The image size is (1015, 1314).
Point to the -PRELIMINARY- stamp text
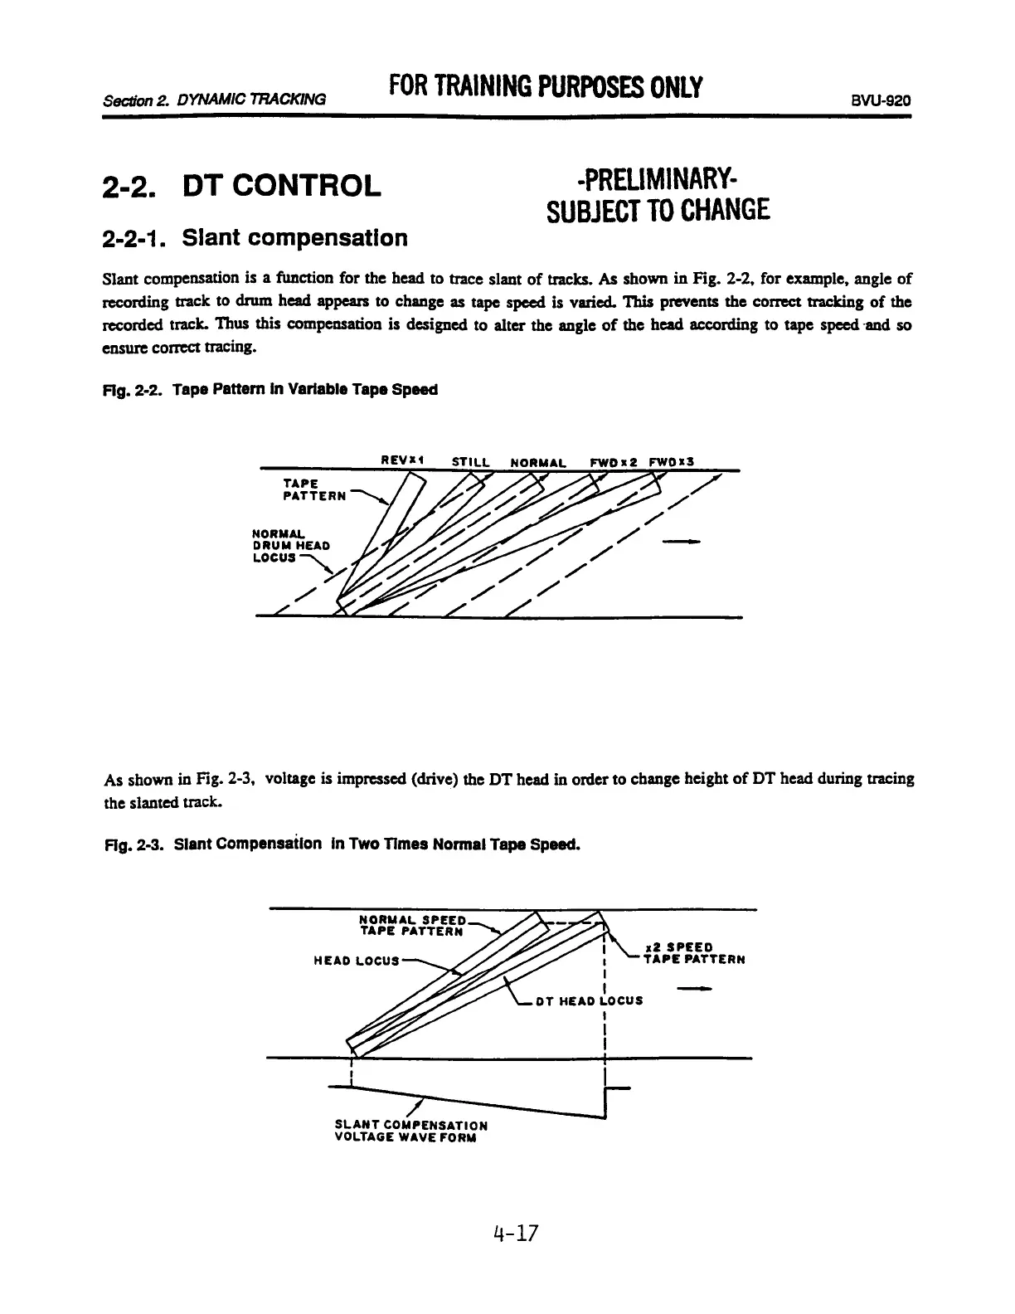point(659,178)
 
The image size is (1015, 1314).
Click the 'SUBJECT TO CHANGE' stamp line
point(659,211)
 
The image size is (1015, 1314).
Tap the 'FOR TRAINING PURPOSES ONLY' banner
point(546,86)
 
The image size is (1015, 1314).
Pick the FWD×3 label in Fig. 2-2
point(671,461)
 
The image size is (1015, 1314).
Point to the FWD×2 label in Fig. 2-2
point(611,461)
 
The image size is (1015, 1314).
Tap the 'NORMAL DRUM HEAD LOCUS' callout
point(290,545)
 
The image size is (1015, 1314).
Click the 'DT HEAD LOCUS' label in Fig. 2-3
point(588,1000)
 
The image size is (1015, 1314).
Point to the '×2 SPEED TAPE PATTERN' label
point(693,952)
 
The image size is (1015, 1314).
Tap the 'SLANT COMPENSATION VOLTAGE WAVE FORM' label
point(410,1131)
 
